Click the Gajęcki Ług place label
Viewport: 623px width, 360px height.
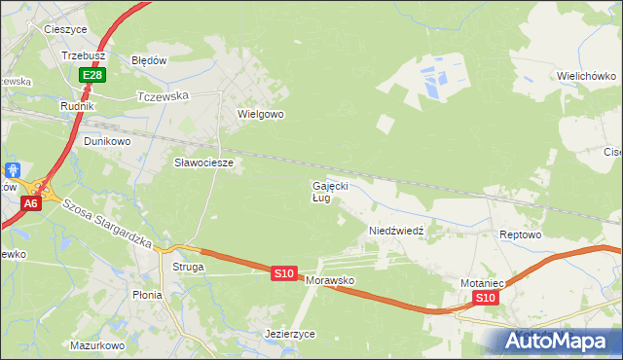pyautogui.click(x=329, y=191)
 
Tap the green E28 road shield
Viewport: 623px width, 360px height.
pyautogui.click(x=92, y=75)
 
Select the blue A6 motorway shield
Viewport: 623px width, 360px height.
pyautogui.click(x=31, y=203)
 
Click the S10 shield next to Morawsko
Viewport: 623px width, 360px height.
pyautogui.click(x=283, y=274)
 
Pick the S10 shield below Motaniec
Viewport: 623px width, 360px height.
pyautogui.click(x=487, y=298)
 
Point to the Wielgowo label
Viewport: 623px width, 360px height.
pyautogui.click(x=260, y=114)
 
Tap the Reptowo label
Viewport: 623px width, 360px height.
pyautogui.click(x=519, y=235)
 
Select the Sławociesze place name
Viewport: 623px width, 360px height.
pyautogui.click(x=203, y=162)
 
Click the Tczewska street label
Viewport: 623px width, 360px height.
pyautogui.click(x=163, y=96)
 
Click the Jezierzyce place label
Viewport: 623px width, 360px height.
pyautogui.click(x=290, y=334)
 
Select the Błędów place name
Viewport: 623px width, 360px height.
pyautogui.click(x=150, y=59)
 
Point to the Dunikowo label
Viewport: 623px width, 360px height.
pyautogui.click(x=106, y=140)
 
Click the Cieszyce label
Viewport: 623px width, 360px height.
pyautogui.click(x=66, y=29)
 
